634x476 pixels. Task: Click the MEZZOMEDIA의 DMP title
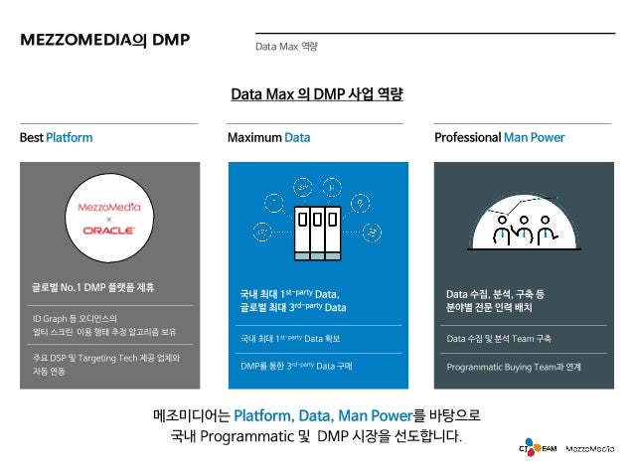(x=104, y=41)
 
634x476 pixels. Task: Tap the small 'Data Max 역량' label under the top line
(x=286, y=47)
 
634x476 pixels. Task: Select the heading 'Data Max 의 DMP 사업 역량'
(x=316, y=95)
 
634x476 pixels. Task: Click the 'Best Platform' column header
(x=56, y=137)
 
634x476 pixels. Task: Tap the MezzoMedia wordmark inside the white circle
(x=109, y=208)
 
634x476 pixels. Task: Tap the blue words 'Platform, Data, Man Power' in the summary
(x=319, y=413)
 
